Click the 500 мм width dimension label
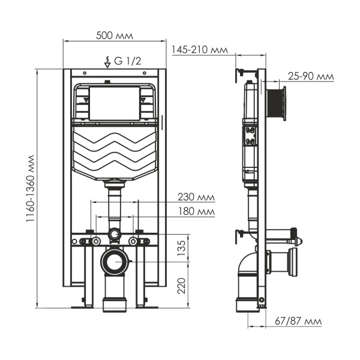(x=115, y=35)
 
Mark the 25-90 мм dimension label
(x=310, y=77)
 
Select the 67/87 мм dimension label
(x=300, y=322)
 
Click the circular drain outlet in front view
(x=114, y=262)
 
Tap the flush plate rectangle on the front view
(x=114, y=103)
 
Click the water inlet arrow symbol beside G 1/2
(x=107, y=61)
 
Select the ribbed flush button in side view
(x=277, y=103)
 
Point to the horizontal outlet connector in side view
(x=282, y=262)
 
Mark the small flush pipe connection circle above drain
(x=114, y=233)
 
